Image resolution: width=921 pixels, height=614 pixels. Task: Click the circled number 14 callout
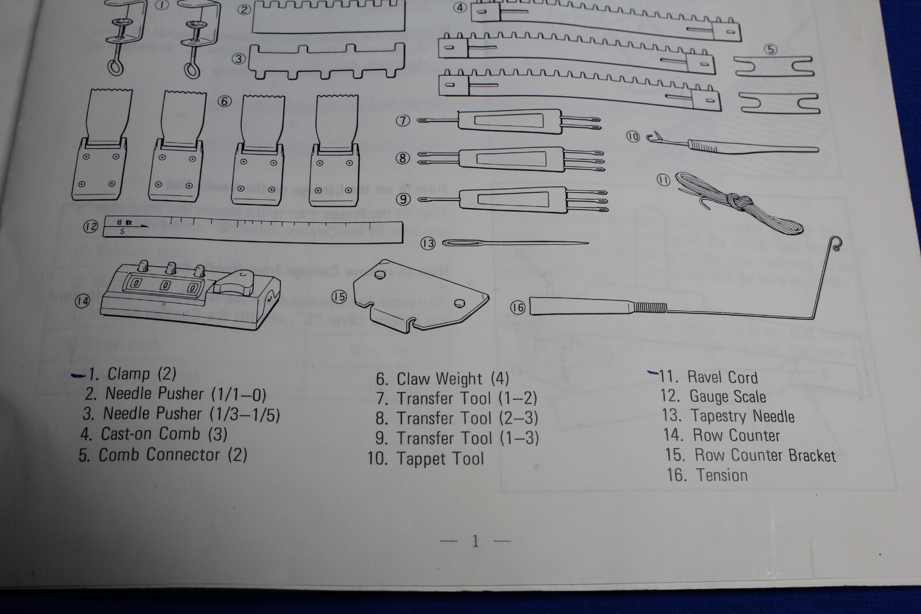tap(82, 301)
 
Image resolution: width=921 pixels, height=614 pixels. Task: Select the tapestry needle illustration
tap(515, 243)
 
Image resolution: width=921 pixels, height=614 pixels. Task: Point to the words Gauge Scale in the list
tap(728, 397)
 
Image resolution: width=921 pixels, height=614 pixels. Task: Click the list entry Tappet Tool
tap(440, 459)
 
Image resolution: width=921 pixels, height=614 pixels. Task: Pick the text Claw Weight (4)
tap(452, 379)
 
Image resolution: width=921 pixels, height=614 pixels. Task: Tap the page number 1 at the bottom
tap(475, 541)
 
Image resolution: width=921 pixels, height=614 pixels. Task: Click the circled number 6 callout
tap(224, 101)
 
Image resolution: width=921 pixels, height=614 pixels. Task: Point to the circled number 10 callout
tap(633, 137)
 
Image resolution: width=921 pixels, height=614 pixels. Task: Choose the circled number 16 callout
tap(517, 308)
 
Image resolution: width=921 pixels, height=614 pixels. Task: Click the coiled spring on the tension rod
tap(650, 308)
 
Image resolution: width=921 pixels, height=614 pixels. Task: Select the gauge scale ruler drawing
tap(253, 229)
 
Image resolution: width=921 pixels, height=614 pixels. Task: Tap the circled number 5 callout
tap(770, 50)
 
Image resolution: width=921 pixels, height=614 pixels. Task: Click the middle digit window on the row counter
tap(165, 285)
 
